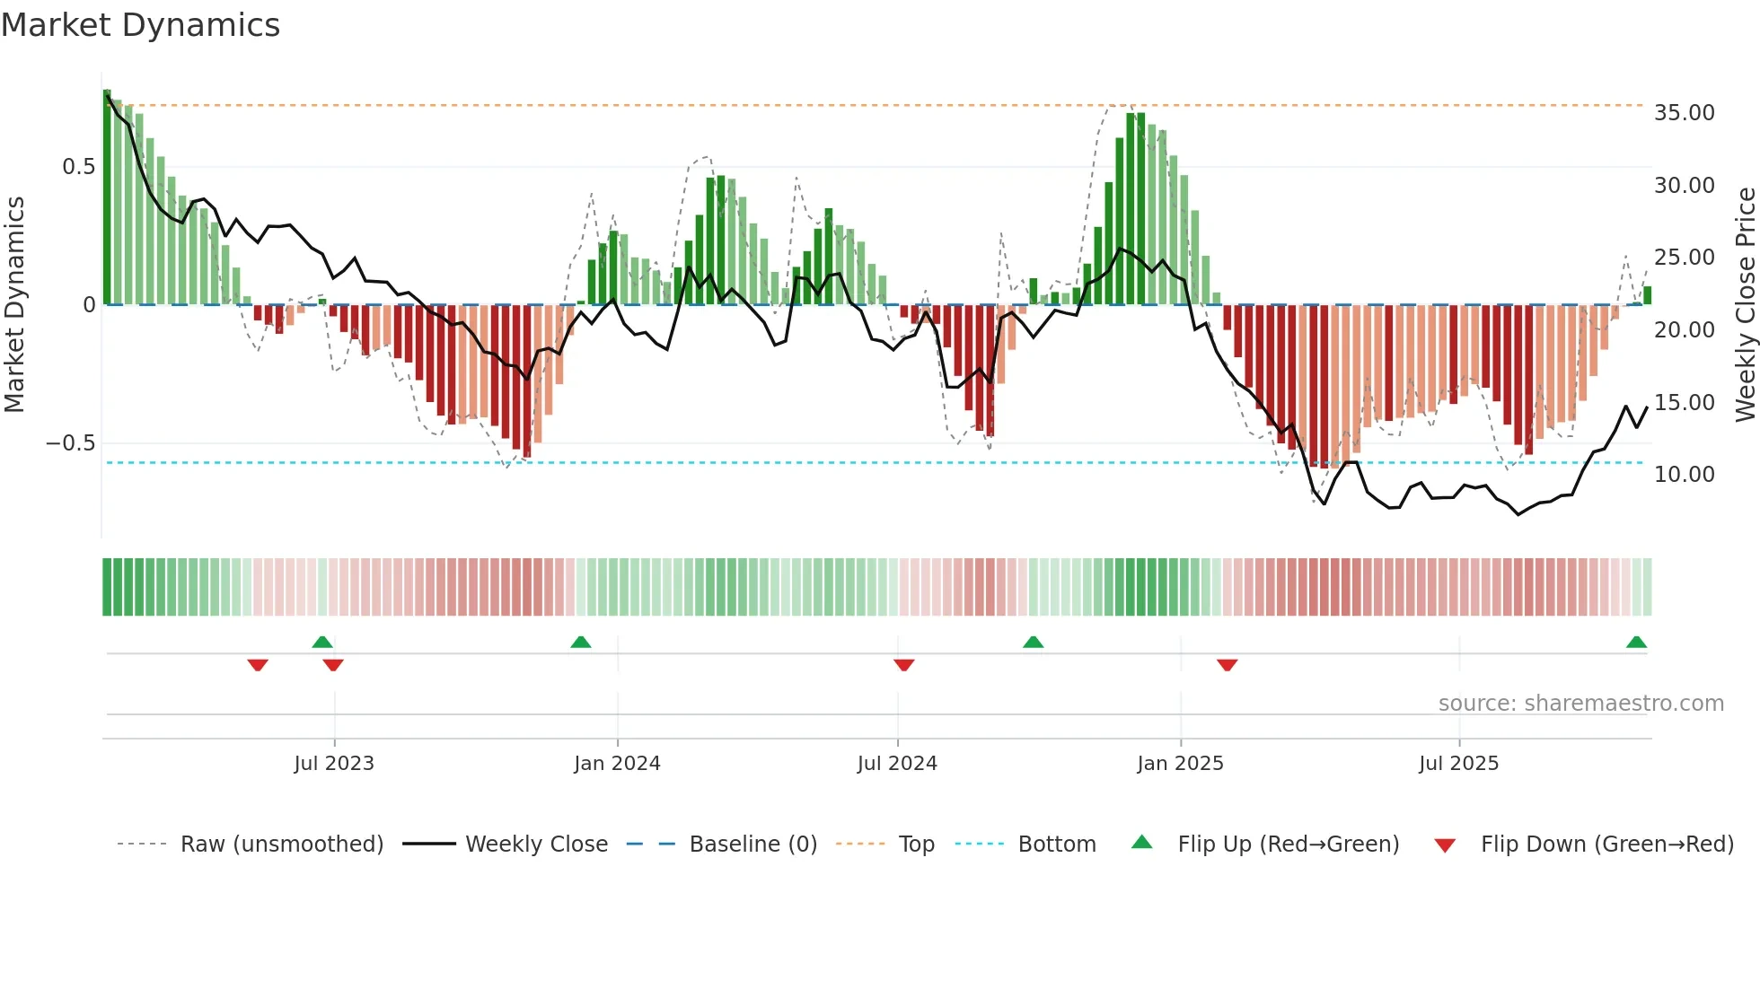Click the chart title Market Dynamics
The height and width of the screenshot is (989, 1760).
click(140, 25)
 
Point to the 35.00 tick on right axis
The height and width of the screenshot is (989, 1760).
click(1684, 113)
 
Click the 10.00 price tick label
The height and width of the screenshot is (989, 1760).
click(1684, 475)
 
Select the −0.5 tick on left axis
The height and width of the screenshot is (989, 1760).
click(70, 443)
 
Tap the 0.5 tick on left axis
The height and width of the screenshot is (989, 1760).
click(78, 167)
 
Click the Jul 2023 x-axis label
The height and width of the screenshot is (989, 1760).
click(334, 764)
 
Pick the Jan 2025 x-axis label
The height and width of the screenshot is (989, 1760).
click(1180, 764)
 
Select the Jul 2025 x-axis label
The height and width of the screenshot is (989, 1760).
click(1458, 764)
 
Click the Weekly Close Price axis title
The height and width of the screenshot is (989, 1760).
click(1745, 304)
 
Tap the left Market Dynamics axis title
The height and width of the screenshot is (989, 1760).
click(14, 304)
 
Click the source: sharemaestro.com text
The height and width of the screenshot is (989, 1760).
click(1580, 704)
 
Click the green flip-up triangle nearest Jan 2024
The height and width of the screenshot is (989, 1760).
click(581, 642)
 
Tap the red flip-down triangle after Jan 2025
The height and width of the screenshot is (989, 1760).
click(1228, 665)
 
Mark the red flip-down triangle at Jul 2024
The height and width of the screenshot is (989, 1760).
click(904, 665)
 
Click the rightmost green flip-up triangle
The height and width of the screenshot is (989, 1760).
click(1636, 642)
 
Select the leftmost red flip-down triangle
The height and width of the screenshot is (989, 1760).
click(258, 665)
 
